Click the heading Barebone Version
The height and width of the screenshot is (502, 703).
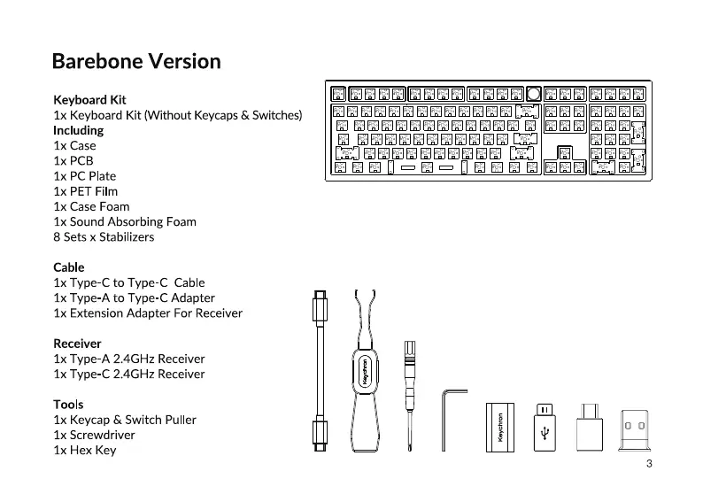click(x=136, y=62)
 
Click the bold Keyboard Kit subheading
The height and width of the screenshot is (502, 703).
click(x=89, y=100)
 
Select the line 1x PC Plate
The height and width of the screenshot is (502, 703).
click(x=84, y=176)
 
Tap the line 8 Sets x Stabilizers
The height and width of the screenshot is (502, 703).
click(x=104, y=237)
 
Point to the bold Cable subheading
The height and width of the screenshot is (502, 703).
click(x=69, y=267)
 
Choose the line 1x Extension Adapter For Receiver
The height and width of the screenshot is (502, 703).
click(x=148, y=313)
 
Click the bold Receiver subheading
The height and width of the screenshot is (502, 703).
click(x=77, y=344)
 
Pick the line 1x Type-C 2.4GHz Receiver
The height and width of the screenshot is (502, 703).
click(x=128, y=374)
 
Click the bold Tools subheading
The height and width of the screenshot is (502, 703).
click(x=69, y=405)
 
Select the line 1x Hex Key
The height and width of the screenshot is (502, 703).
click(x=84, y=451)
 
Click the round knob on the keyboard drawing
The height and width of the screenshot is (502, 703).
click(x=534, y=93)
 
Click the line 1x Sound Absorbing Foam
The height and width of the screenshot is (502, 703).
click(x=125, y=222)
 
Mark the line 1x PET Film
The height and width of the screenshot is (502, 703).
click(x=85, y=191)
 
